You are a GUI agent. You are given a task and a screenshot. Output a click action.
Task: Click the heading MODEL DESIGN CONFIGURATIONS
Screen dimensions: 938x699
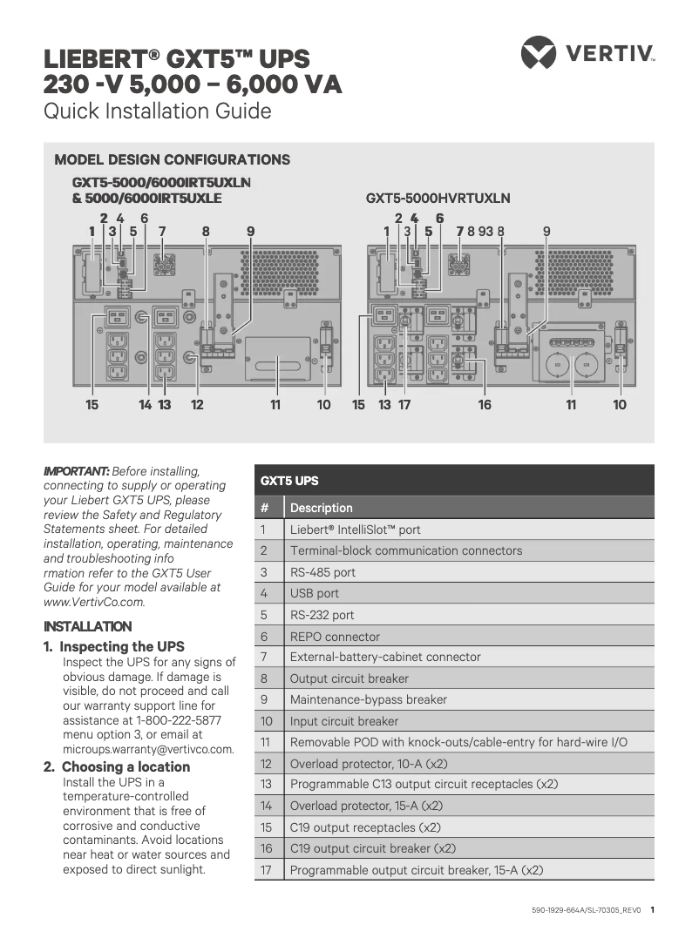pos(172,160)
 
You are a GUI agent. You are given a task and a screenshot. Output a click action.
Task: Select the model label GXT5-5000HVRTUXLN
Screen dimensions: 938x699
pos(438,199)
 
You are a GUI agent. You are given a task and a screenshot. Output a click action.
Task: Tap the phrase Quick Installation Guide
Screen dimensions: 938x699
pos(158,111)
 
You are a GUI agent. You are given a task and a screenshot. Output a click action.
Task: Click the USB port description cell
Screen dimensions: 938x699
pos(315,594)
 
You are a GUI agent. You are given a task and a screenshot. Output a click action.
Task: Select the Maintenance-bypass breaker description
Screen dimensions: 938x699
pos(368,700)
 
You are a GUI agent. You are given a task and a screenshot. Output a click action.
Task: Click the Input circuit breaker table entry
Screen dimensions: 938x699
pos(343,721)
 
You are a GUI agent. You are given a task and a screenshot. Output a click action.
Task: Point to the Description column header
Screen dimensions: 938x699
pos(321,508)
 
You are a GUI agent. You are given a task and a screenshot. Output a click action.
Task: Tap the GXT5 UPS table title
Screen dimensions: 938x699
pos(289,481)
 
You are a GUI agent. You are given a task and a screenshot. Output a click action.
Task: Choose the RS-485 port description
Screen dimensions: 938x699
pos(322,573)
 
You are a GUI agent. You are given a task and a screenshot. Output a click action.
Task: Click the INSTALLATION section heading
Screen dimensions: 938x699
pos(88,626)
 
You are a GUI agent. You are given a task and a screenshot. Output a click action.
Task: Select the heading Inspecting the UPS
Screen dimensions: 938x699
pos(122,647)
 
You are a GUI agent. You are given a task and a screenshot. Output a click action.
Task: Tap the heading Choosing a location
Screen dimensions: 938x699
pos(126,767)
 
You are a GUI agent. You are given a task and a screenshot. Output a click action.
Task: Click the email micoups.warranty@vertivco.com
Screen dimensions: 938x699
pos(148,749)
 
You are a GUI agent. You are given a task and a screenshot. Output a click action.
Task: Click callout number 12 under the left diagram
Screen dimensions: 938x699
pos(197,405)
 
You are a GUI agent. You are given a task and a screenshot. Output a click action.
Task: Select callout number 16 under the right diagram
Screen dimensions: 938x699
pos(485,405)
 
